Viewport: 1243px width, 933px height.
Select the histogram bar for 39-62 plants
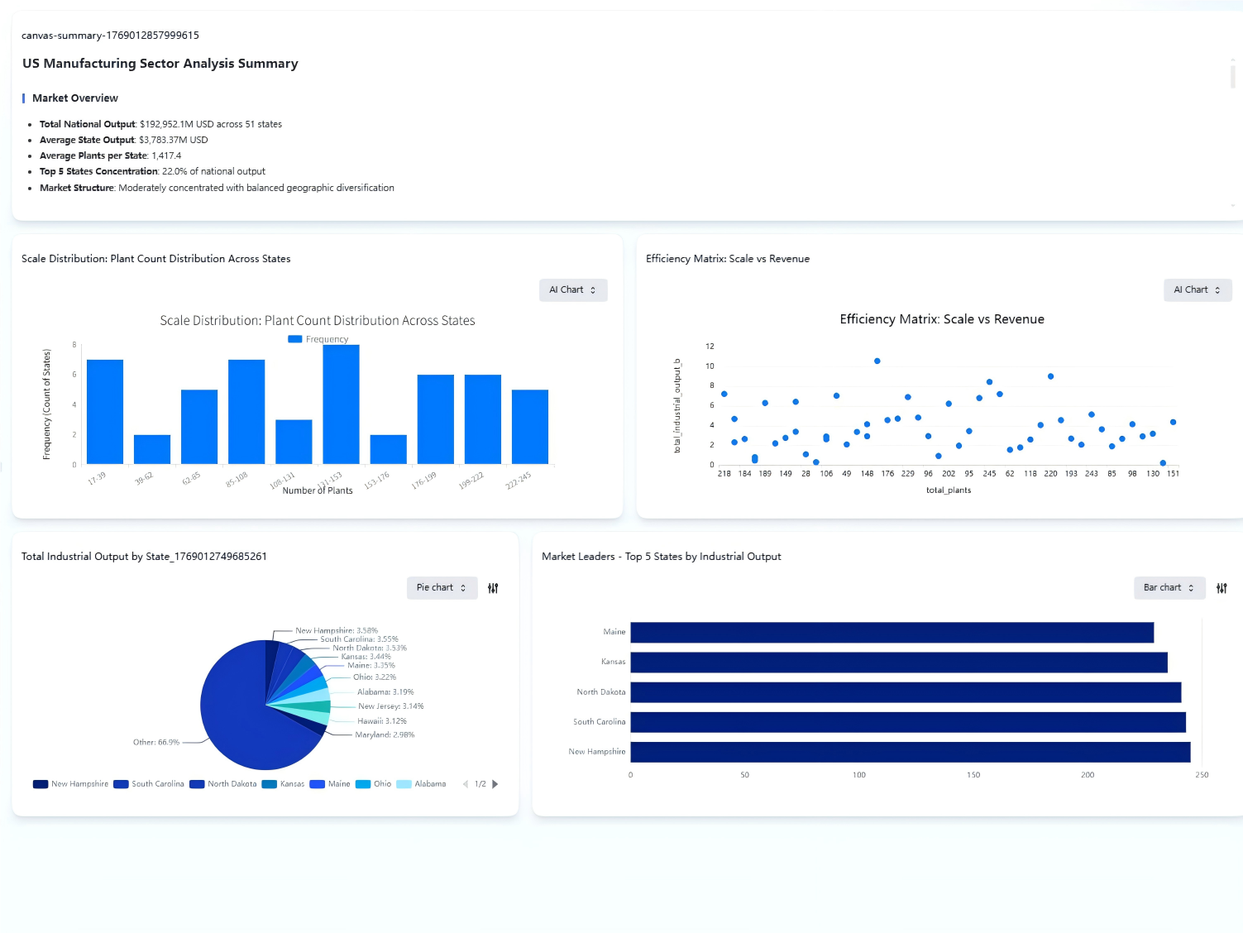pyautogui.click(x=152, y=449)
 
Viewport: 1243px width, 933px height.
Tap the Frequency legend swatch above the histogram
pyautogui.click(x=294, y=339)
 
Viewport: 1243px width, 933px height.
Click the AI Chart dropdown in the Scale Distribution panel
pyautogui.click(x=573, y=290)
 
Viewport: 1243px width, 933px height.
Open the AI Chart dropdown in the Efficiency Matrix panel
pyautogui.click(x=1197, y=290)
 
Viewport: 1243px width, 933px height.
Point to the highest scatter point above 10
pyautogui.click(x=877, y=361)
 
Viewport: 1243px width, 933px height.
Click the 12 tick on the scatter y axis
pyautogui.click(x=710, y=347)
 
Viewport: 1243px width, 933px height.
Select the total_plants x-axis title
pyautogui.click(x=949, y=490)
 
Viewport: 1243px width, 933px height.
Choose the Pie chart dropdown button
pyautogui.click(x=442, y=588)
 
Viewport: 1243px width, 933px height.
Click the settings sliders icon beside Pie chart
pyautogui.click(x=493, y=588)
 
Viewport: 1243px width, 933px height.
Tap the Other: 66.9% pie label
pyautogui.click(x=156, y=743)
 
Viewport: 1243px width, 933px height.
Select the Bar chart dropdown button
pyautogui.click(x=1169, y=588)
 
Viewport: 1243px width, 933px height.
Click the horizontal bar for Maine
pyautogui.click(x=892, y=633)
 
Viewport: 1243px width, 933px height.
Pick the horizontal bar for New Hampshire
pyautogui.click(x=910, y=752)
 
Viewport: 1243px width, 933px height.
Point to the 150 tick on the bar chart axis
pyautogui.click(x=973, y=775)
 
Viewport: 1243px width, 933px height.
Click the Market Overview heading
pyautogui.click(x=75, y=98)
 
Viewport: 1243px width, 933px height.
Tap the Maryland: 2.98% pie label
pyautogui.click(x=385, y=734)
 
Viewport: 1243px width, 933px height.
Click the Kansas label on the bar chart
pyautogui.click(x=613, y=662)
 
